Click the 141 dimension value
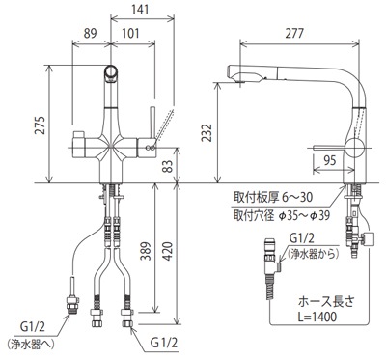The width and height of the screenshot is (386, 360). point(140,9)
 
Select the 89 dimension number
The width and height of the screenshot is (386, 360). point(90,33)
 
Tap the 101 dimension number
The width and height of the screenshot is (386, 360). point(130,33)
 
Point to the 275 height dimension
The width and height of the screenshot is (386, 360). point(40,125)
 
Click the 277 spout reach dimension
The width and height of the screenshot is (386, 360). point(294,33)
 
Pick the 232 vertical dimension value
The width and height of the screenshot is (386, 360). point(207,133)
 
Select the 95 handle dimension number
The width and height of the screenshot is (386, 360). point(329,160)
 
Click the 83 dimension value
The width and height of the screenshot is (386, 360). point(168,166)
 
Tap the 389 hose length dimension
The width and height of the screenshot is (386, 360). point(146,252)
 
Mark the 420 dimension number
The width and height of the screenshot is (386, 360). point(168,252)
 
